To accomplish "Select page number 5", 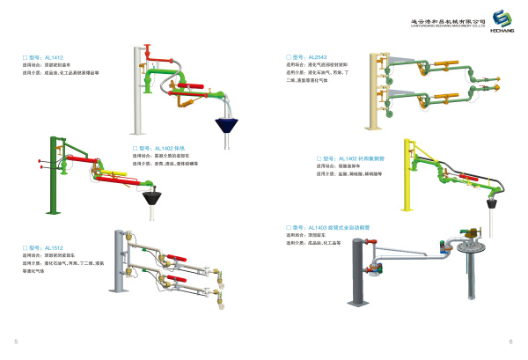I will point(17,340).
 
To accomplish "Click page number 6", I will point(510,340).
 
